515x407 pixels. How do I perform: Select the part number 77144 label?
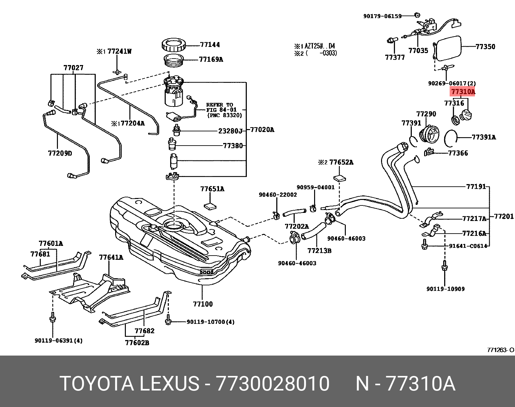pyautogui.click(x=210, y=45)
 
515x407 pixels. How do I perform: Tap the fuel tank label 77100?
pyautogui.click(x=203, y=304)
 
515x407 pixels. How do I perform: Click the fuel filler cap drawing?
pyautogui.click(x=466, y=116)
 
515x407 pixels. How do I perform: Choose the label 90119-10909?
pyautogui.click(x=445, y=289)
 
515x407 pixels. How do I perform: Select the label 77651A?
pyautogui.click(x=212, y=189)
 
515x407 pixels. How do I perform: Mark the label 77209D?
pyautogui.click(x=60, y=153)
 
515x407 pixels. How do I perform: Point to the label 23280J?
pyautogui.click(x=230, y=131)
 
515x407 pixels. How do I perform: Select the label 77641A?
pyautogui.click(x=111, y=258)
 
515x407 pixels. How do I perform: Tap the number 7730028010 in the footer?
pyautogui.click(x=272, y=384)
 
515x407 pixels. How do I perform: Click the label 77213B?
pyautogui.click(x=319, y=250)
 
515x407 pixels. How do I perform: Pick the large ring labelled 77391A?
pyautogui.click(x=451, y=137)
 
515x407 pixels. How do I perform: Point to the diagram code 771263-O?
pyautogui.click(x=500, y=350)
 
